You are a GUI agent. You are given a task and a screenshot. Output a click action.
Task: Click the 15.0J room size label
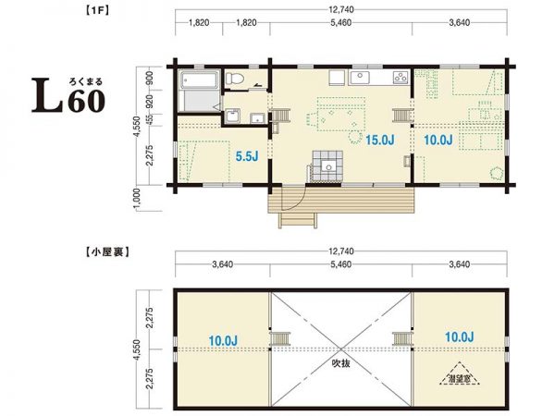pyautogui.click(x=380, y=141)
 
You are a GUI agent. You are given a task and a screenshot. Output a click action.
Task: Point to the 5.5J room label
pyautogui.click(x=245, y=157)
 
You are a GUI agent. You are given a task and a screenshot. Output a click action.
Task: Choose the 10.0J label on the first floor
pyautogui.click(x=438, y=141)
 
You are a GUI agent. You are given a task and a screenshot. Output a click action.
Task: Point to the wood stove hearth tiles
pyautogui.click(x=325, y=163)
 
